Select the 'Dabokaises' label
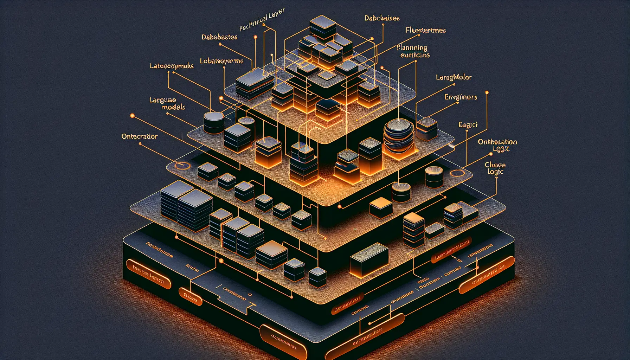pos(382,18)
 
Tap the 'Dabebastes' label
pos(219,37)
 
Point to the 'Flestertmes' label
pos(425,30)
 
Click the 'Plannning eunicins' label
pos(413,51)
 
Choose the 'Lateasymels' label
pos(172,66)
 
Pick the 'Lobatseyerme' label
pos(221,61)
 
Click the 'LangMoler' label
pos(454,77)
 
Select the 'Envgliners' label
pos(461,97)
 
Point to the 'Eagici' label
pos(468,124)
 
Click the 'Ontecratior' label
pos(140,136)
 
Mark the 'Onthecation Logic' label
pos(497,145)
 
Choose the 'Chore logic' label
pos(495,168)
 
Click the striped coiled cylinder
pos(398,136)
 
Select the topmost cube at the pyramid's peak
pos(323,26)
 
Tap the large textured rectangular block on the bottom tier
pos(369,259)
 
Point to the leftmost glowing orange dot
pos(133,116)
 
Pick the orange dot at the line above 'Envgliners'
pos(487,92)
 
